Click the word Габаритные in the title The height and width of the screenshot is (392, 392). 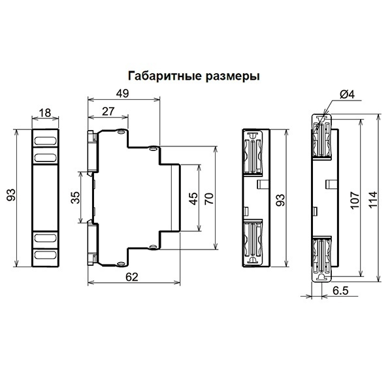pos(165,76)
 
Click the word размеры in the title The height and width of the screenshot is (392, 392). pos(233,76)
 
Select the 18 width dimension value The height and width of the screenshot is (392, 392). pos(45,113)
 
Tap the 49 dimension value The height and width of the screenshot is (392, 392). pos(123,93)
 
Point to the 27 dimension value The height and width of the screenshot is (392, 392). pos(108,111)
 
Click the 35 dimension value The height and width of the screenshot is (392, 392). pos(75,197)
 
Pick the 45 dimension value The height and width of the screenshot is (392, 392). pos(194,199)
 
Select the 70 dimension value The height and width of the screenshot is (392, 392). pos(209,199)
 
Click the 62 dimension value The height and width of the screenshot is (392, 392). pos(132,277)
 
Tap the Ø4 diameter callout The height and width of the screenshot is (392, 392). pos(347,94)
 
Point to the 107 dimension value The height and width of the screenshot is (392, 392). pos(355,200)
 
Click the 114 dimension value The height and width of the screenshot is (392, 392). pos(372,199)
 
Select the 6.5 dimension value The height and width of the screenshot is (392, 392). pos(340,291)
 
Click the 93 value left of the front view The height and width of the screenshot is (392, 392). pos(11,195)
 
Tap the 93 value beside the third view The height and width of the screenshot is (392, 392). pos(280,200)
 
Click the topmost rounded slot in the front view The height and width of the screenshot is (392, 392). pos(45,141)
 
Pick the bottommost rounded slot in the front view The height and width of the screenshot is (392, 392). pos(45,255)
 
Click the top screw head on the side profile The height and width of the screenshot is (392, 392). pos(121,131)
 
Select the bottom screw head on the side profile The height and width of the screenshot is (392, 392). pos(121,263)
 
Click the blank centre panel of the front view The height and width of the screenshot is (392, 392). pos(45,197)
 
